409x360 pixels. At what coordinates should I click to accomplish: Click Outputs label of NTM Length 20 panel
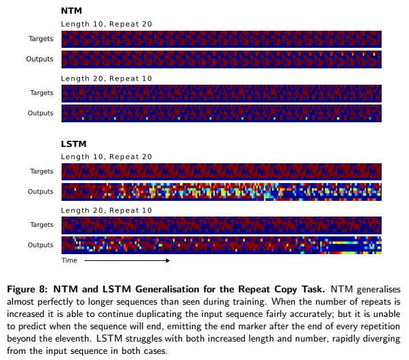pyautogui.click(x=40, y=113)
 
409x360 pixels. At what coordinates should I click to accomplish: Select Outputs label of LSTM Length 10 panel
pyautogui.click(x=40, y=191)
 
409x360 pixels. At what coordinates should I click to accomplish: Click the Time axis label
pyautogui.click(x=70, y=260)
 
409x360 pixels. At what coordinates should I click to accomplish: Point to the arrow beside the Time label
pyautogui.click(x=127, y=260)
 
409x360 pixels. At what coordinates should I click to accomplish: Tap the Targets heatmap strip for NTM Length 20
pyautogui.click(x=222, y=93)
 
